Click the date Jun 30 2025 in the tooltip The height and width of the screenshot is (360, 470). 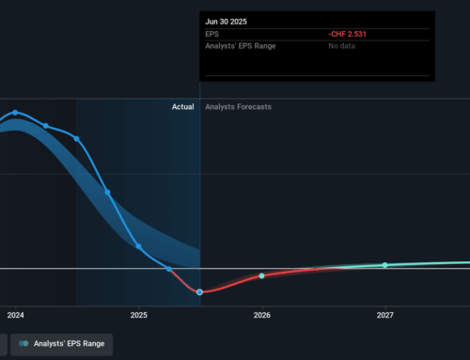point(225,21)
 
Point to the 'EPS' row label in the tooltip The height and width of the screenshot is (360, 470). point(212,36)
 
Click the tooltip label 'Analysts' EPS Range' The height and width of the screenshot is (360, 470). point(240,47)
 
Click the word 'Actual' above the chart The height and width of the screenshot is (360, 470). point(182,107)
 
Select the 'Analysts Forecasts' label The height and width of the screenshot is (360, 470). point(238,107)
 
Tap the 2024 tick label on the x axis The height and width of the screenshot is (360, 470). point(15,315)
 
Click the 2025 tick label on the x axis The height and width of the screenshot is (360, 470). point(138,315)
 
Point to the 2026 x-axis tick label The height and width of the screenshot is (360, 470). point(261,315)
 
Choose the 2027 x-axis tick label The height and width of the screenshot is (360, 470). point(384,315)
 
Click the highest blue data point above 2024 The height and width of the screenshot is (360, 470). point(15,113)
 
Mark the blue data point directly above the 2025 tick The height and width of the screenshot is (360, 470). point(138,246)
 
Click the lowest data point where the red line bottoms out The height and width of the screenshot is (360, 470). point(199,292)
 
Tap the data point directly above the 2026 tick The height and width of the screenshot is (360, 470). point(261,276)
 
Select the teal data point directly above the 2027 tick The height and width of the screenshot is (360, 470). point(384,265)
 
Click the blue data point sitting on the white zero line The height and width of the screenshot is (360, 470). point(169,269)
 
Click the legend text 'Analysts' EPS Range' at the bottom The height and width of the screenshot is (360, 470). point(70,344)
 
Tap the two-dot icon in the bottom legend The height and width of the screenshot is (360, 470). point(23,344)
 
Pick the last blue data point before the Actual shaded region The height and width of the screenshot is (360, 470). point(76,138)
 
